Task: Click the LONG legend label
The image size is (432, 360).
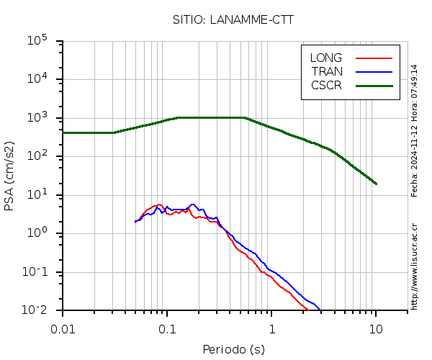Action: click(326, 58)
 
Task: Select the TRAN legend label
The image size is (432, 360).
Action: click(327, 71)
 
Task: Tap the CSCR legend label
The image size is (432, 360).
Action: click(326, 85)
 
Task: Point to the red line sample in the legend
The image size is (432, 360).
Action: click(374, 58)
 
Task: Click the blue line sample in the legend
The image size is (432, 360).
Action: click(374, 71)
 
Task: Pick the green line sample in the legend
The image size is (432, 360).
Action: click(374, 85)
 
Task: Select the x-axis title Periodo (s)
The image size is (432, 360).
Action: click(233, 350)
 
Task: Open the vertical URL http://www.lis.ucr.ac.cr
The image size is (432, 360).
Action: click(415, 266)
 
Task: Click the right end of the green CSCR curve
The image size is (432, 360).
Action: click(375, 184)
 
